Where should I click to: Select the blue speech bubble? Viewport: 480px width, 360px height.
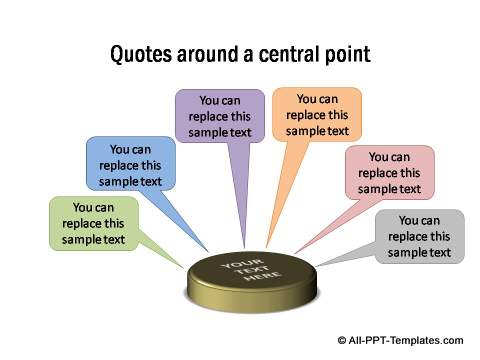[x=130, y=164]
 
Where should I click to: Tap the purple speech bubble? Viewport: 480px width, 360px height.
[x=219, y=116]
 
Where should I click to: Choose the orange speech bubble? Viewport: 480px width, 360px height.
[x=317, y=115]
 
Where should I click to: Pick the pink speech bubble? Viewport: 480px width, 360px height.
[x=389, y=172]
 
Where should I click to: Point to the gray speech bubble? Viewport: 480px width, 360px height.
[x=419, y=236]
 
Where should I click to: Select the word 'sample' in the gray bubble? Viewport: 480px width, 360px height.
[x=406, y=252]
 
